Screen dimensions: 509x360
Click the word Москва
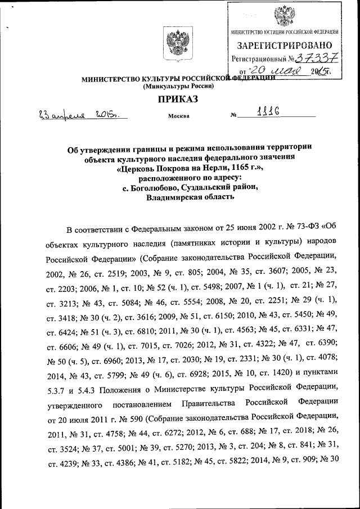pos(178,116)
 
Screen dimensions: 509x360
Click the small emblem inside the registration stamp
pos(284,15)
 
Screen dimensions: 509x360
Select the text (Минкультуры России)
pos(179,87)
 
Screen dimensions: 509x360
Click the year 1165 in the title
pos(232,168)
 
